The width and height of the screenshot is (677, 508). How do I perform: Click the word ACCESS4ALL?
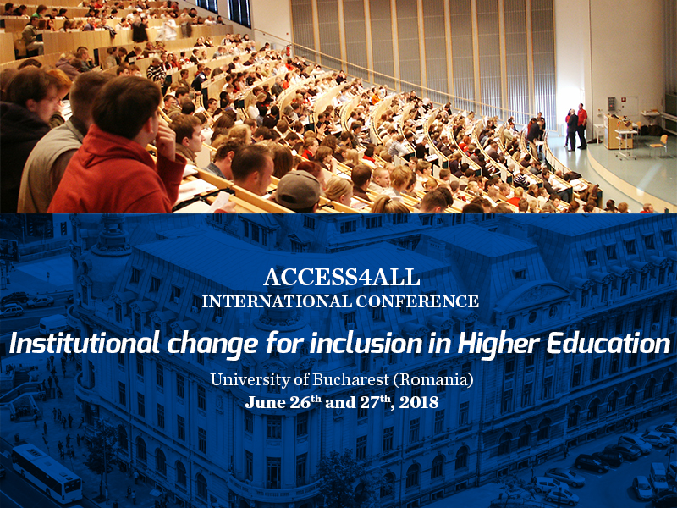tap(341, 278)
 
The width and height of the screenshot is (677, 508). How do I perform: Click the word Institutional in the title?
tap(85, 345)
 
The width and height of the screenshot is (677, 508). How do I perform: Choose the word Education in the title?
tap(608, 345)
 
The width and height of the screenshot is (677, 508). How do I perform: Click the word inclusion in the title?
tap(366, 345)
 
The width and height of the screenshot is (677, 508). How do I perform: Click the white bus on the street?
tap(47, 473)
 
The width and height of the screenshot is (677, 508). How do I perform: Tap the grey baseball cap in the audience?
tap(298, 189)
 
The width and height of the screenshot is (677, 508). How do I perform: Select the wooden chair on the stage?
tap(659, 144)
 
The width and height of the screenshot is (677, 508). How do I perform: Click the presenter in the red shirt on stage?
tap(582, 125)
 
